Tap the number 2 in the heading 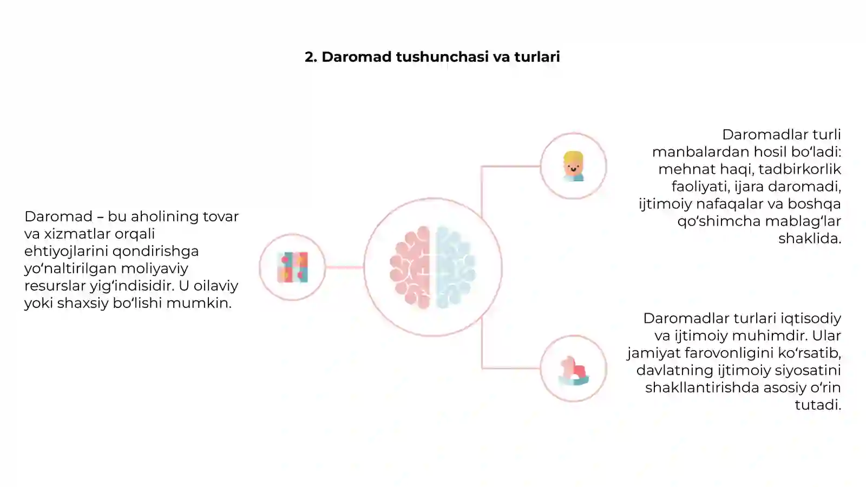310,57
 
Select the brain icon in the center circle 432,267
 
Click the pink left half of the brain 410,267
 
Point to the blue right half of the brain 455,267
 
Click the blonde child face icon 573,166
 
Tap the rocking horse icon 573,370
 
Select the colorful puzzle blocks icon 293,267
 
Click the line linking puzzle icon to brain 344,267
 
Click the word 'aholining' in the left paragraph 153,216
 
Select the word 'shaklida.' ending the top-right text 810,238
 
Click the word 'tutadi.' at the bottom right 818,405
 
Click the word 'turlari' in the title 537,57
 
